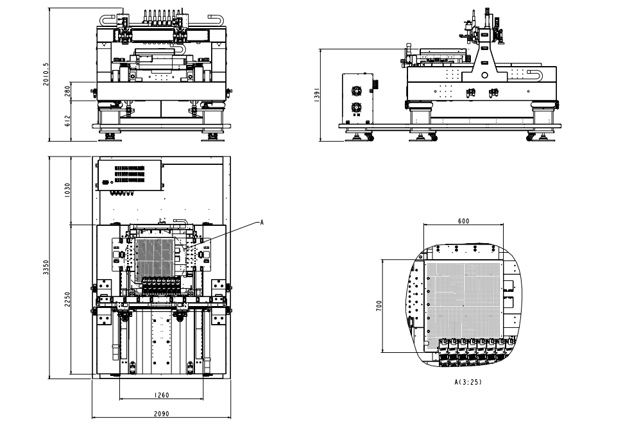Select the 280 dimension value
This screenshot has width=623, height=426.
[x=67, y=92]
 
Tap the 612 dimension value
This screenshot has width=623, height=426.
[x=67, y=121]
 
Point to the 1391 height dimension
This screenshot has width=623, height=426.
[x=315, y=94]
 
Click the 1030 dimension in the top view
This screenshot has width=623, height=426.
[x=67, y=191]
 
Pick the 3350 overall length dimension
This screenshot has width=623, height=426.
[x=44, y=267]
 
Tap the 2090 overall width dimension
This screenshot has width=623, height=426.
[x=160, y=414]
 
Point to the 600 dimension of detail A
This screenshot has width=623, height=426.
[x=463, y=221]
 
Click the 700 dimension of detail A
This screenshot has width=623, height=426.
[x=378, y=306]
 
